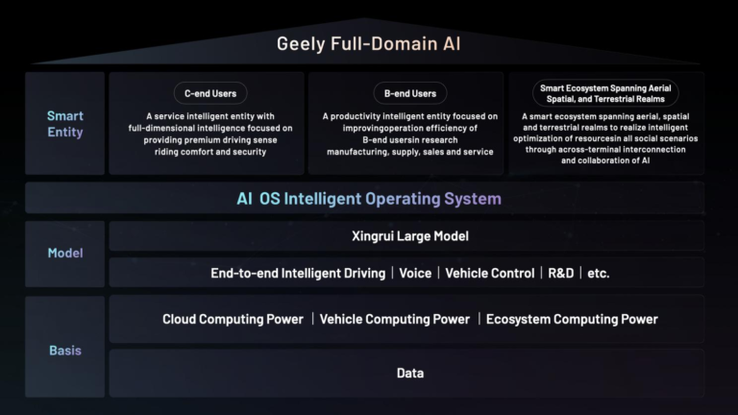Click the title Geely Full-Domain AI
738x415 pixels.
point(368,43)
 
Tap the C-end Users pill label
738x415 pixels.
point(210,93)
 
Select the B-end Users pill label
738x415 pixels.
point(410,93)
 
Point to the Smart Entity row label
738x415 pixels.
point(65,123)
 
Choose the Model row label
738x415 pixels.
point(65,253)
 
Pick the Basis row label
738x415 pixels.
point(65,351)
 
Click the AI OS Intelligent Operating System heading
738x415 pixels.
point(368,199)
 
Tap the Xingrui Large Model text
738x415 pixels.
point(409,235)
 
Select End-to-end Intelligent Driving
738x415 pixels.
point(299,273)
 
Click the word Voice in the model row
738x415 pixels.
point(415,273)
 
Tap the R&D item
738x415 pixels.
point(560,273)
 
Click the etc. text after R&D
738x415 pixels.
point(598,273)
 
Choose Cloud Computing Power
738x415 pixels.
point(233,319)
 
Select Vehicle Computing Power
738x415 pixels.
point(394,319)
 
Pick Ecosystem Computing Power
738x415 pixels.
point(572,319)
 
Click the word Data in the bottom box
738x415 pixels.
point(409,373)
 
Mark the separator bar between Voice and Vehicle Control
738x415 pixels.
point(438,273)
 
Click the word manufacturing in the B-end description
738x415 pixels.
point(364,151)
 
